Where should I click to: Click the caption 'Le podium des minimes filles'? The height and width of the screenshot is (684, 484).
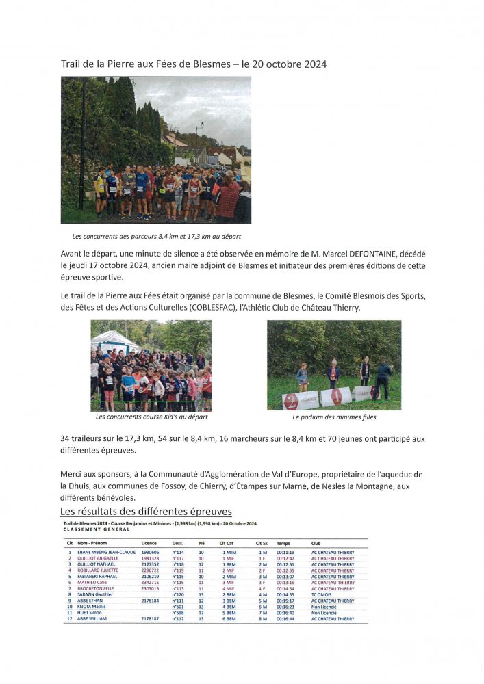coord(334,417)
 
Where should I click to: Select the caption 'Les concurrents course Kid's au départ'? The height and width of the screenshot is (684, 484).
coord(151,417)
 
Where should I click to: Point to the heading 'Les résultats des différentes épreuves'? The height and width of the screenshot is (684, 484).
coord(146,512)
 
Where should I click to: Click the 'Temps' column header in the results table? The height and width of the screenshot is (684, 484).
coord(283,543)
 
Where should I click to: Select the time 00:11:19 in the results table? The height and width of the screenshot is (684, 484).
coord(285,552)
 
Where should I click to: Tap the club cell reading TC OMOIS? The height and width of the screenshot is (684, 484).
coord(322,594)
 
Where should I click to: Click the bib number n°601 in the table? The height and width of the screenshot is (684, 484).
coord(178,607)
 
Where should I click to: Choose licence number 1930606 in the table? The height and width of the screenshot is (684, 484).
coord(150,552)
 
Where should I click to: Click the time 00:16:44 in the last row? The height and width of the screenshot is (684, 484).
coord(285,619)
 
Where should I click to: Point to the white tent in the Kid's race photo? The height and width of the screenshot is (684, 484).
coord(113,339)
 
